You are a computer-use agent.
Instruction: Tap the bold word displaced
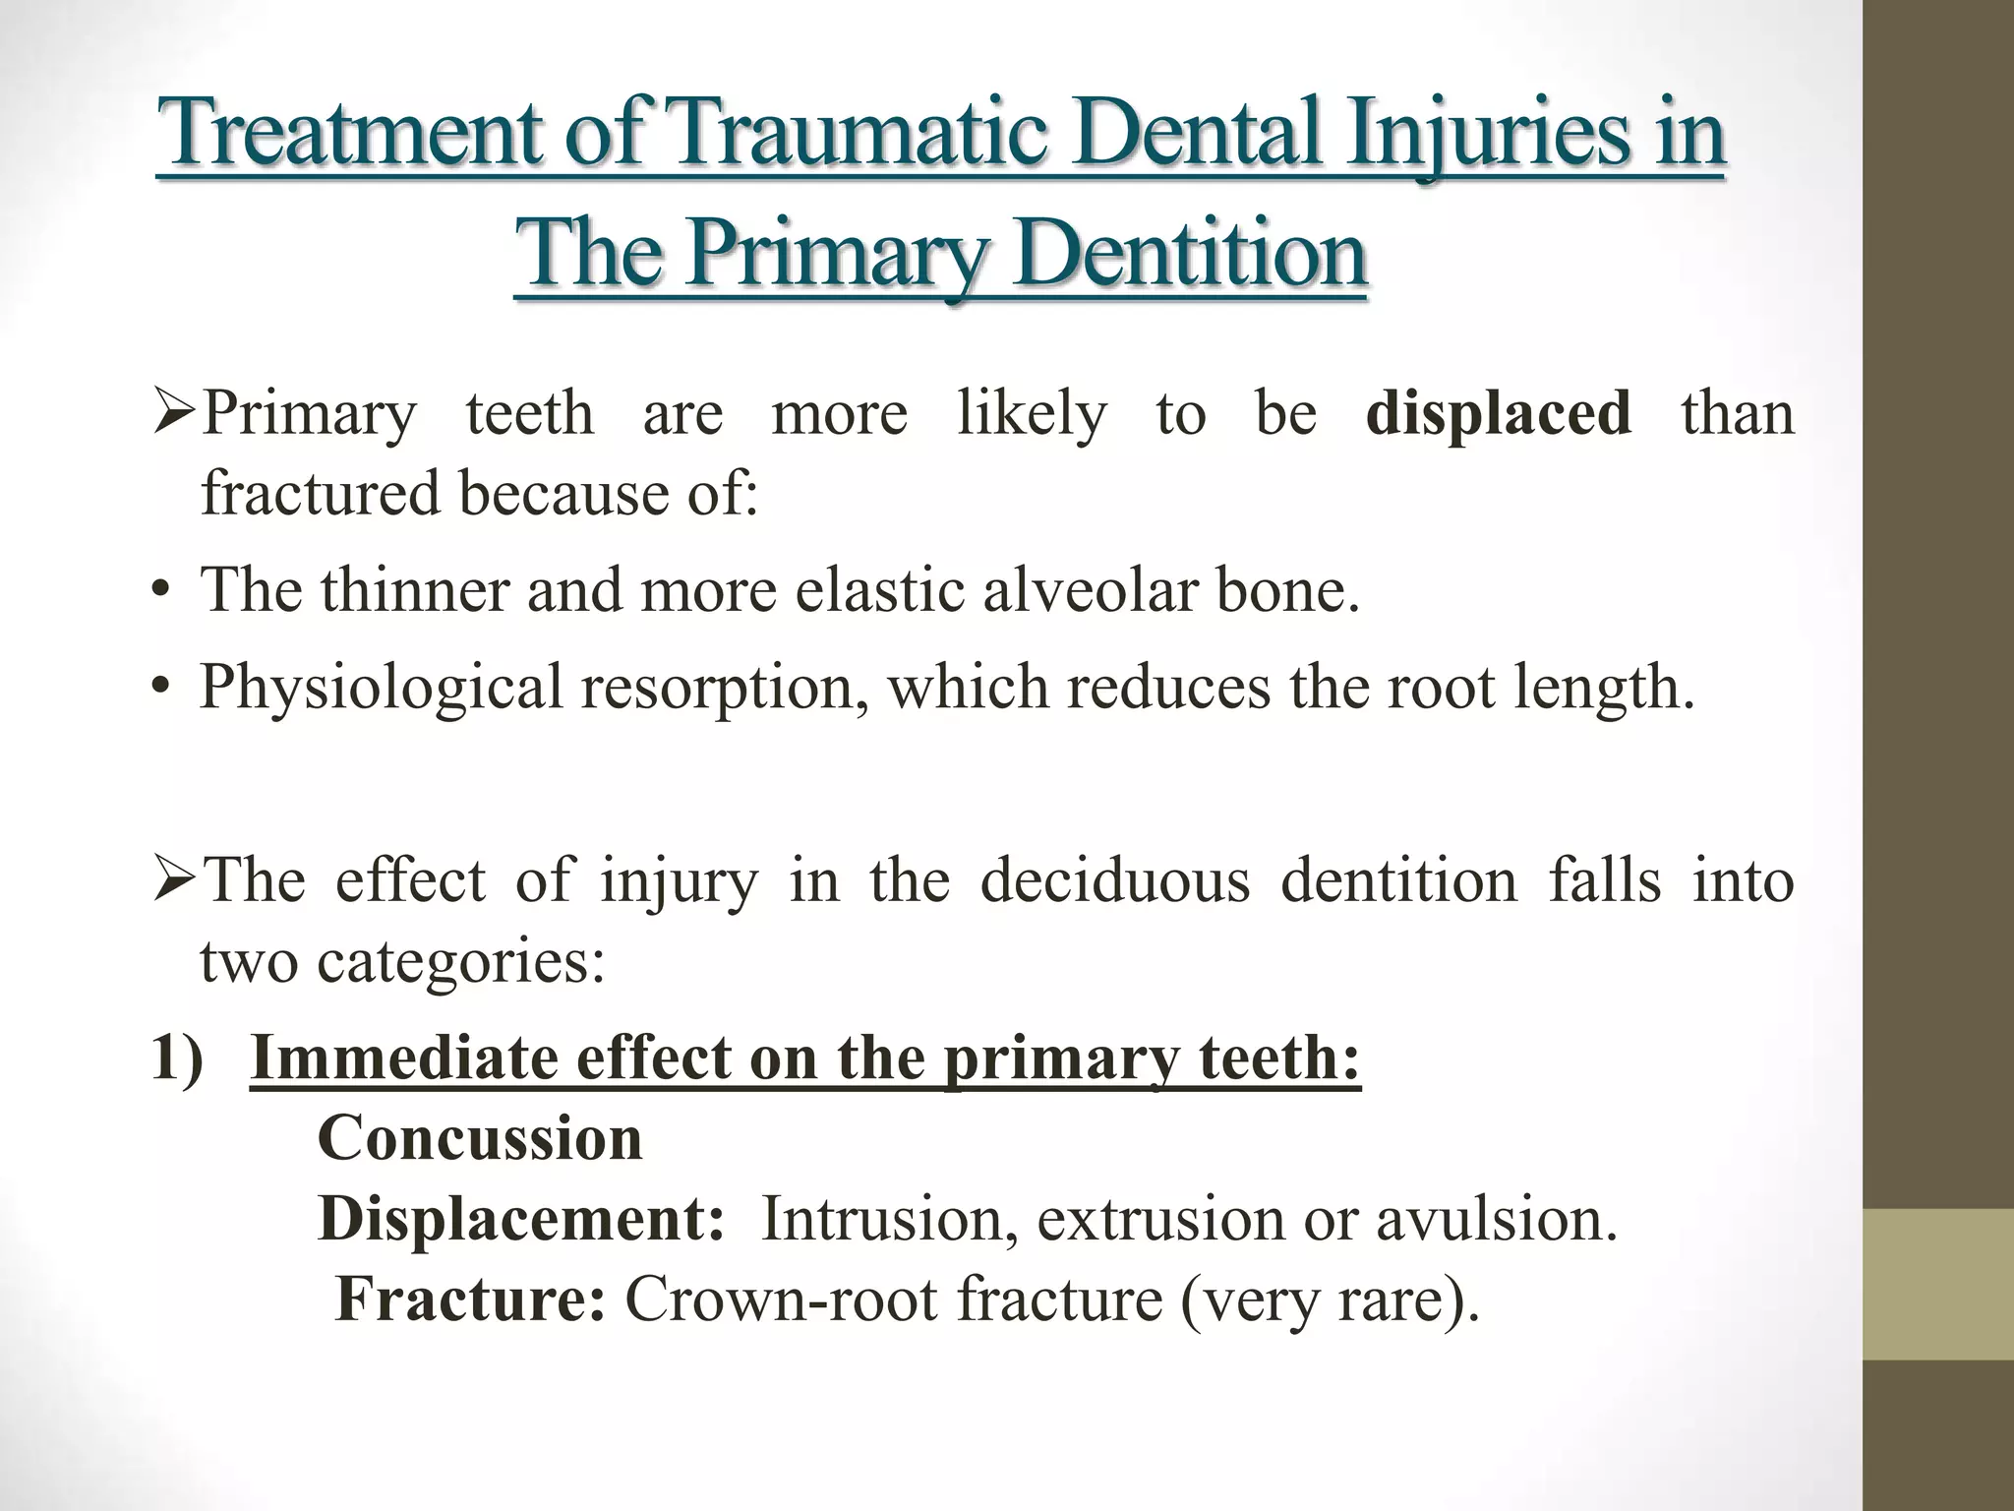(x=1498, y=412)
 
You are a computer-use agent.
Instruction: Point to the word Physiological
(x=382, y=688)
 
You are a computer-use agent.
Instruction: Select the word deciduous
(x=1115, y=878)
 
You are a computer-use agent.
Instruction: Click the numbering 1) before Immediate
(x=177, y=1058)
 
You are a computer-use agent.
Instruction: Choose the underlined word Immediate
(x=404, y=1058)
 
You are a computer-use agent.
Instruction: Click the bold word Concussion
(x=480, y=1138)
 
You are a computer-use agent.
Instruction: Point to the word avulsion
(x=1495, y=1220)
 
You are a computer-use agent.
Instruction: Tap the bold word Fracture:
(x=470, y=1299)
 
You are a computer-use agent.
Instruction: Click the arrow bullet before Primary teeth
(x=175, y=414)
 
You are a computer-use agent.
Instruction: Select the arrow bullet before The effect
(x=175, y=880)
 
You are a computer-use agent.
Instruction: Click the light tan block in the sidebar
(x=1938, y=1285)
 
